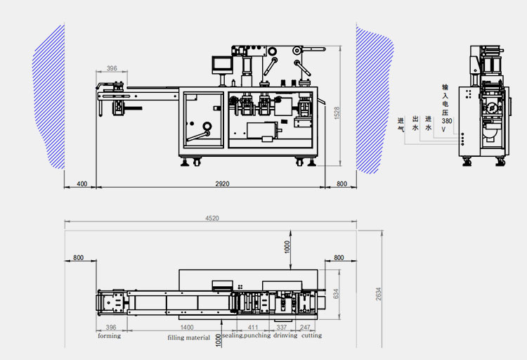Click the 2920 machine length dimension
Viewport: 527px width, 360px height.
223,184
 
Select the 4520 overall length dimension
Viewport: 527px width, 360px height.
212,218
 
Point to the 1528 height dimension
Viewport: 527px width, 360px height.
337,112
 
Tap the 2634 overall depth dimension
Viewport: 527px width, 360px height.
378,291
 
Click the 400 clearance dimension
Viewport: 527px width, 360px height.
82,184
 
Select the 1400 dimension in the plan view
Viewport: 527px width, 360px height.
187,328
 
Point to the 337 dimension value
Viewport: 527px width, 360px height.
281,328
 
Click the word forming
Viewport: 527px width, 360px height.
109,336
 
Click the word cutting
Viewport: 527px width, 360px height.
312,336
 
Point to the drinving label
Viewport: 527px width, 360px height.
285,336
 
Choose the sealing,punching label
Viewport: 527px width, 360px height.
247,336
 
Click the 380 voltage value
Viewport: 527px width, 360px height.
447,121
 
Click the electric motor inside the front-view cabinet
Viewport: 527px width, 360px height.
261,131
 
